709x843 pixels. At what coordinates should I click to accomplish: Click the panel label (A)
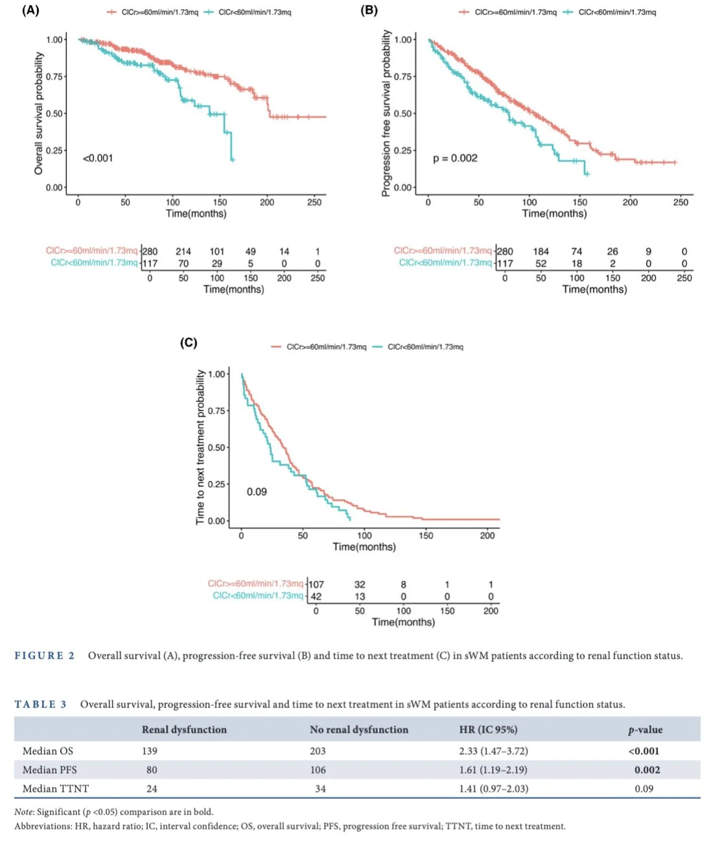click(x=30, y=10)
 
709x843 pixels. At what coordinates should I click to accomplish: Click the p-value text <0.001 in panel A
click(x=98, y=158)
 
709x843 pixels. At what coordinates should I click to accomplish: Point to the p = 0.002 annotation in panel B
click(x=455, y=158)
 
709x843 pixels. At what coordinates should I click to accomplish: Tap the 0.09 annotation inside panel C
click(x=257, y=492)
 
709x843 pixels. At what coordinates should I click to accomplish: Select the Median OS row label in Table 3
click(x=48, y=751)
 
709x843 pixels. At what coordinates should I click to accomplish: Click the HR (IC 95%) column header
click(x=488, y=730)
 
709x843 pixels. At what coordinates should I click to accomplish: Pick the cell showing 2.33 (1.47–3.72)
click(x=493, y=751)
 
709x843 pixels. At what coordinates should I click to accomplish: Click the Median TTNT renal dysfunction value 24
click(x=152, y=789)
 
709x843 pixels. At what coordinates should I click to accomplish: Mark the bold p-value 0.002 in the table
click(x=647, y=770)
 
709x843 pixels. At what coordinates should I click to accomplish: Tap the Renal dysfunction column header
click(x=184, y=730)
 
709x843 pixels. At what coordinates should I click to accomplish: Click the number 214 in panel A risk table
click(x=183, y=252)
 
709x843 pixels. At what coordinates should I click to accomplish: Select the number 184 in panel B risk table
click(x=540, y=252)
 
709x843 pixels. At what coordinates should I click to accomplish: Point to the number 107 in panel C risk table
click(x=316, y=584)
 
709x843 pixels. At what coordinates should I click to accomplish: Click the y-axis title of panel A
click(x=39, y=113)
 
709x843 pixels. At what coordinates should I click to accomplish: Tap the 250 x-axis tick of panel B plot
click(x=680, y=202)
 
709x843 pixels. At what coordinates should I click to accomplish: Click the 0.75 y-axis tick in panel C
click(x=216, y=410)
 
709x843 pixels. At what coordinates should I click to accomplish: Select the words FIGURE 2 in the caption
click(x=44, y=656)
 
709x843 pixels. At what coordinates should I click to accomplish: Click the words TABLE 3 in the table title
click(x=40, y=704)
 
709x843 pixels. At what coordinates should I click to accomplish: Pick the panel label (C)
click(x=189, y=343)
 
